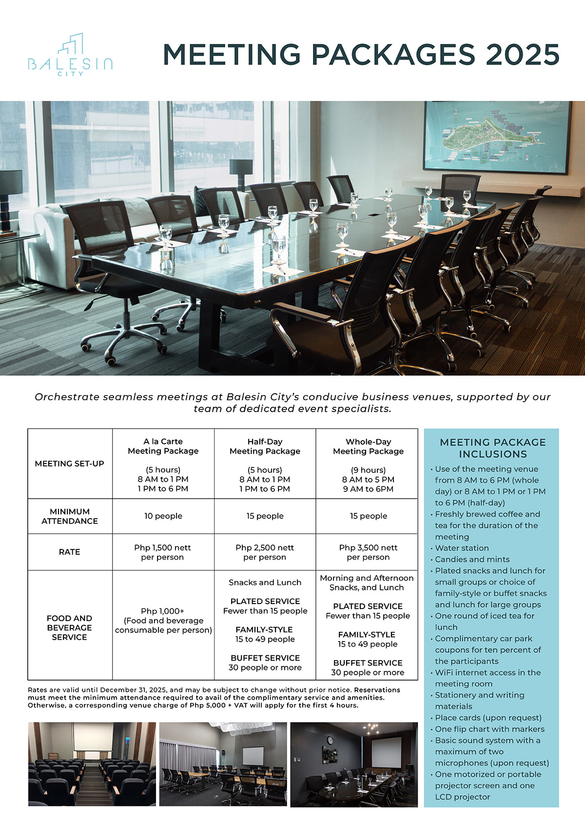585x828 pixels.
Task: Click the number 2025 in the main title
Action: tap(523, 54)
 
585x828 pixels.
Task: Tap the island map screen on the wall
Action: tap(497, 136)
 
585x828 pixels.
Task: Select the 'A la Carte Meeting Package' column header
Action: tap(163, 446)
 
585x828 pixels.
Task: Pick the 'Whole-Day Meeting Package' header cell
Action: tap(368, 446)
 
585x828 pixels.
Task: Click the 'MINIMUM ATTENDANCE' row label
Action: tap(70, 516)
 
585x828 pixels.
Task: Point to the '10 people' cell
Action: tap(163, 516)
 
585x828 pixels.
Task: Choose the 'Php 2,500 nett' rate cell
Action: tap(265, 548)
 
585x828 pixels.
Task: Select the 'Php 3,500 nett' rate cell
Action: tap(368, 548)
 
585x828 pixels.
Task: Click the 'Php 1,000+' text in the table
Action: tap(163, 611)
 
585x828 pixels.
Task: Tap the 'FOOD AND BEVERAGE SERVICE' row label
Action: tap(70, 627)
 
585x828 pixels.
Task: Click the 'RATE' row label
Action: tap(70, 552)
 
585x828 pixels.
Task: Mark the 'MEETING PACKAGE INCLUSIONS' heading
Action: tap(492, 448)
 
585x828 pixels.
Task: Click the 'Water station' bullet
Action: tap(462, 548)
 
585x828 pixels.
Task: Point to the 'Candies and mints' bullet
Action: tap(472, 559)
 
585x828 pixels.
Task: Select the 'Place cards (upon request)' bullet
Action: tap(488, 718)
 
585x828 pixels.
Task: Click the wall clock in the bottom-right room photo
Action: tap(330, 740)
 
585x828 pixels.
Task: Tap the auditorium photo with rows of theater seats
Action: tap(92, 764)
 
